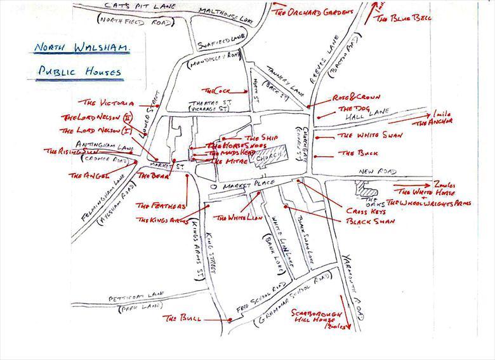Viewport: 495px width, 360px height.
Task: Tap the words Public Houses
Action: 78,71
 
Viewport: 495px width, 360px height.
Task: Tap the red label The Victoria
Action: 109,102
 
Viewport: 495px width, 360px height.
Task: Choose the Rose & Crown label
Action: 357,98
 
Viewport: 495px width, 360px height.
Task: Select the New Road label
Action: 377,172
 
